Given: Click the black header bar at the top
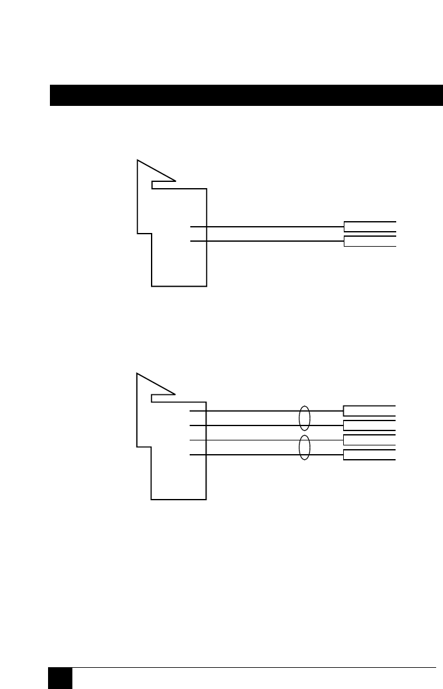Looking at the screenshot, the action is point(246,95).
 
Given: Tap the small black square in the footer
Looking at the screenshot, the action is point(61,678).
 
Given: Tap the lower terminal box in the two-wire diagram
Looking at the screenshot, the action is point(369,242).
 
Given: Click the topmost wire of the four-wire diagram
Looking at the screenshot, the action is point(250,411).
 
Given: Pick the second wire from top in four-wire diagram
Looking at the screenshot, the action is point(250,425).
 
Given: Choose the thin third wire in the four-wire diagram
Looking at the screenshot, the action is point(250,440).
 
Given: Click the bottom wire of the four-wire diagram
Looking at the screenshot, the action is point(250,455).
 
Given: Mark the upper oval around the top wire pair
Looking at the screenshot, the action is point(304,418).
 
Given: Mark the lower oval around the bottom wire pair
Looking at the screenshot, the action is point(304,448).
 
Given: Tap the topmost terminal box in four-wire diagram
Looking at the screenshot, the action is point(369,411).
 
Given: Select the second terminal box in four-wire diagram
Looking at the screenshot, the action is point(369,425).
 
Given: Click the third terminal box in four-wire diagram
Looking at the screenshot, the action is point(369,440).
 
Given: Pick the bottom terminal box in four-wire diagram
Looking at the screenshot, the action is point(369,455).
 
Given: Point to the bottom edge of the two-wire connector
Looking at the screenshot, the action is point(179,286).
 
